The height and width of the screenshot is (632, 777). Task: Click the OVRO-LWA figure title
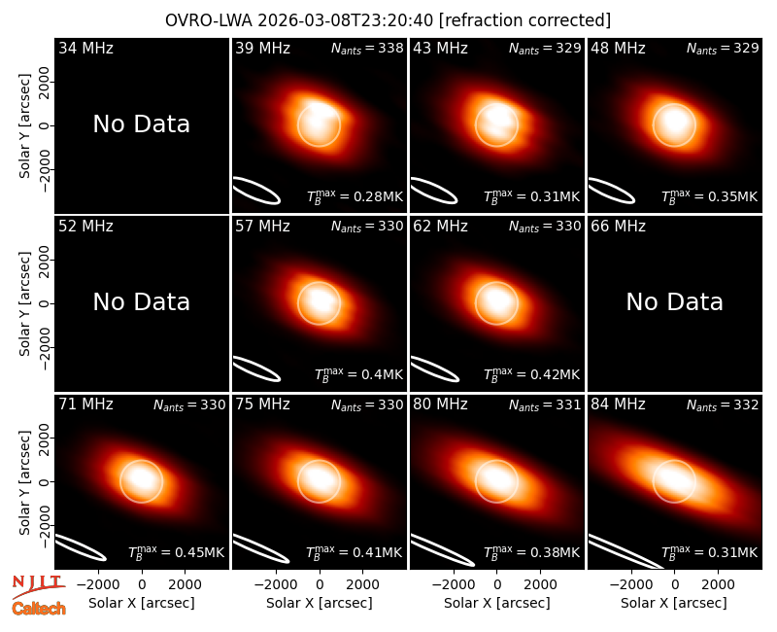(x=388, y=20)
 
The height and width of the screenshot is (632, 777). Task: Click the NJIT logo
(x=38, y=586)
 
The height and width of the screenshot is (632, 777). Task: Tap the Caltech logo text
(x=39, y=609)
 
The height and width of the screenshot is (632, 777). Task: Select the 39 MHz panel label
(x=262, y=48)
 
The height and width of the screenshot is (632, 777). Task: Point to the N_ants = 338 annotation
(x=367, y=48)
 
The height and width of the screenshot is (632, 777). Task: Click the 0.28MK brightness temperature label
(x=355, y=196)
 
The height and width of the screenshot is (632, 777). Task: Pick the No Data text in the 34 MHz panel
(x=142, y=124)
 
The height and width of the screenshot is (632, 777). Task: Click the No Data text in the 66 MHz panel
(x=674, y=301)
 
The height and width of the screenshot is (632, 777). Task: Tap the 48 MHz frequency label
(x=618, y=48)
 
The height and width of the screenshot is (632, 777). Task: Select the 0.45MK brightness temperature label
(x=177, y=552)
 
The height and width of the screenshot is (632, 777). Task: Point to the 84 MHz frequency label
(x=618, y=404)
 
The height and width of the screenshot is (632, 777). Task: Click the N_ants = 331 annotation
(x=545, y=404)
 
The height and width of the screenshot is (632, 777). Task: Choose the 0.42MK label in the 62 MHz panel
(x=531, y=374)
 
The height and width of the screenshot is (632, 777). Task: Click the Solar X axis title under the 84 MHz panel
(x=674, y=603)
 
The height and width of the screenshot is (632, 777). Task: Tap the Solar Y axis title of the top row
(x=24, y=126)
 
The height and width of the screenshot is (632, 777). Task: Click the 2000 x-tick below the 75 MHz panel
(x=362, y=585)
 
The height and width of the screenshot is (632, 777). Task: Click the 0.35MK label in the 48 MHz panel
(x=710, y=196)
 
